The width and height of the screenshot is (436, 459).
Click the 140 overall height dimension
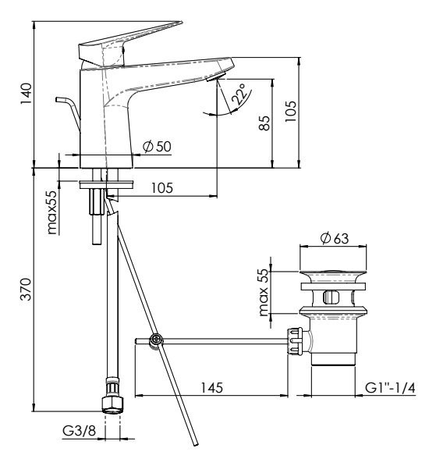click(26, 93)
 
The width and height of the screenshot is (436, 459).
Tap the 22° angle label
click(239, 94)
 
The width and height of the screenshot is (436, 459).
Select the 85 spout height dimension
click(264, 123)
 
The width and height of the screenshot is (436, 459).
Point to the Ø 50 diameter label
click(157, 146)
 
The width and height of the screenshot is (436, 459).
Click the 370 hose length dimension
click(26, 289)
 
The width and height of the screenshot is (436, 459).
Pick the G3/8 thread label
click(79, 431)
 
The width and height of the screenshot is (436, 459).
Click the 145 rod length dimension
click(211, 388)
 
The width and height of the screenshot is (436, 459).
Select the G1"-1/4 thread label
click(390, 388)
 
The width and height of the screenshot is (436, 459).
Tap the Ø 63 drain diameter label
click(335, 238)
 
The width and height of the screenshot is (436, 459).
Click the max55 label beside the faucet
click(52, 212)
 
